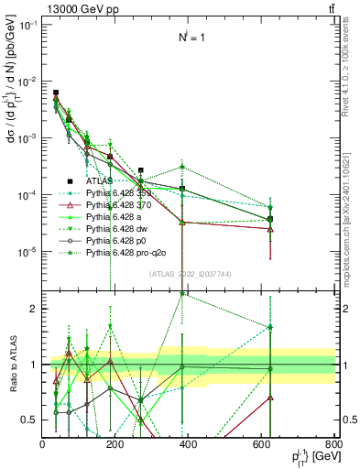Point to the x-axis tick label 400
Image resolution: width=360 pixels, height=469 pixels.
[189, 445]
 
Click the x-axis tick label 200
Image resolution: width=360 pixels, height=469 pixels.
[115, 445]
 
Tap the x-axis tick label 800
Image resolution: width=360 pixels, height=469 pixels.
[334, 445]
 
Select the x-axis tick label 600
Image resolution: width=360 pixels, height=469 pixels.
[262, 445]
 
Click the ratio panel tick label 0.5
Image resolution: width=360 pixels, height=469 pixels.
[31, 420]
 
